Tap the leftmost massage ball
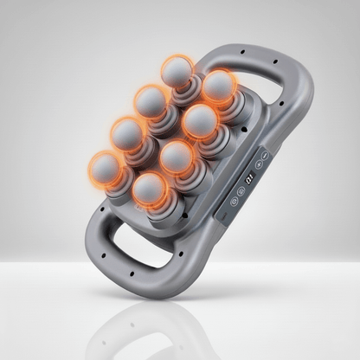pos(107,167)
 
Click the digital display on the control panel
pos(248,180)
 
